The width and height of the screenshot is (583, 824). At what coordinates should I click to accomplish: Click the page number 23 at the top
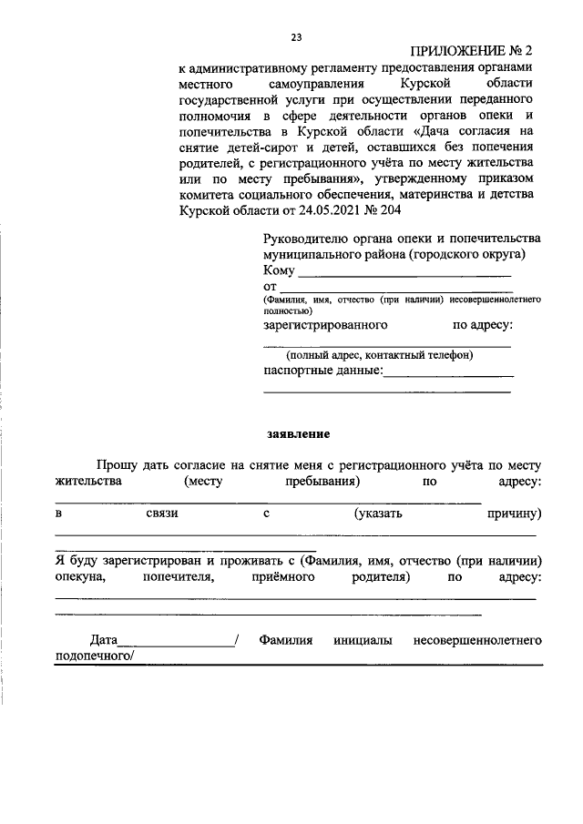point(296,37)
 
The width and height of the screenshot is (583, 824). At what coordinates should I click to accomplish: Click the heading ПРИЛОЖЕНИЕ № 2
point(471,53)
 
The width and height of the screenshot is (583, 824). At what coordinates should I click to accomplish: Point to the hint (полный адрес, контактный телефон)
point(379,355)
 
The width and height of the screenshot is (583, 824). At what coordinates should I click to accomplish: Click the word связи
point(161,514)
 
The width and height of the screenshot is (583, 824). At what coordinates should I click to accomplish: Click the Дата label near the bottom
point(104,641)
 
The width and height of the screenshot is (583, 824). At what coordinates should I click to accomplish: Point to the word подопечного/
point(95,657)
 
